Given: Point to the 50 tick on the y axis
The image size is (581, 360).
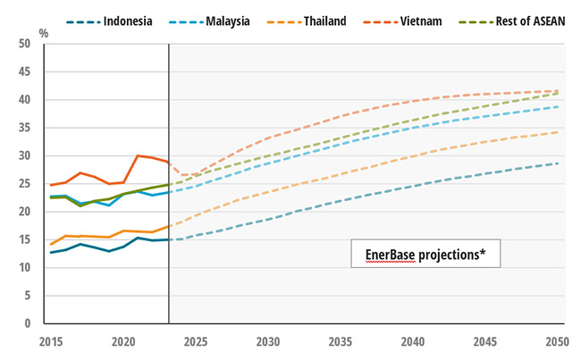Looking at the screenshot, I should tap(33, 45).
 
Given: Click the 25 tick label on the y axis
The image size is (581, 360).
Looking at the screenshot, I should tap(33, 184).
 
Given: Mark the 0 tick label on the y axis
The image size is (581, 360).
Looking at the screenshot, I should tap(37, 323).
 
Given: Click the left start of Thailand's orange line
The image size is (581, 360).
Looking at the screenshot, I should tap(50, 244).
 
